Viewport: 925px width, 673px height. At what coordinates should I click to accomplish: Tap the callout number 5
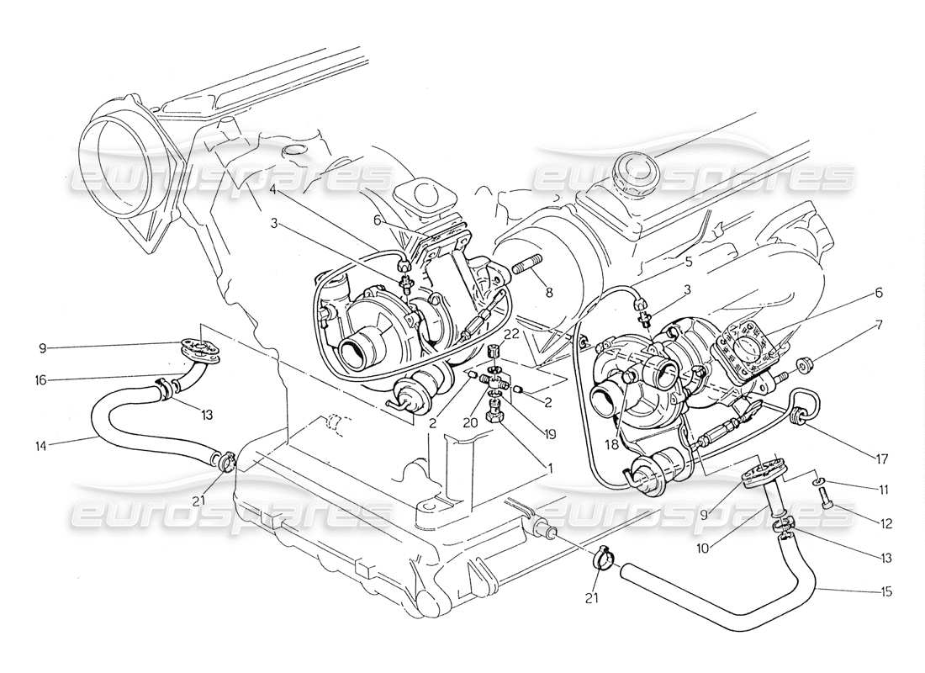click(689, 261)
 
